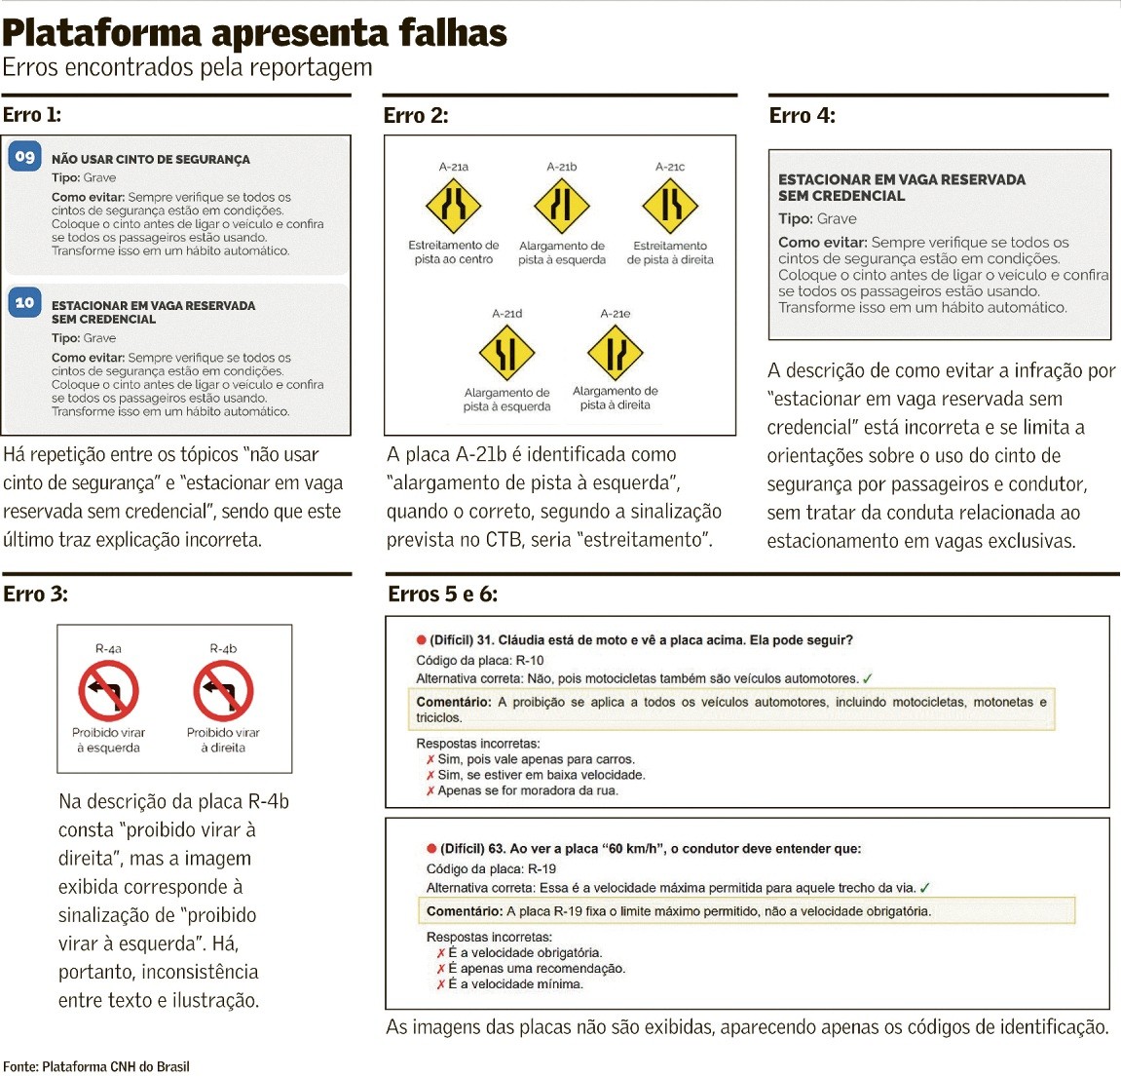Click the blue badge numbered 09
[x=24, y=156]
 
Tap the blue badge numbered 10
[x=24, y=303]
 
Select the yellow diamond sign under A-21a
[x=454, y=206]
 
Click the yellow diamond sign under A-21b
[x=562, y=206]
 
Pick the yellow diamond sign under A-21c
[x=670, y=206]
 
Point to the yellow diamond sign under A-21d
[x=506, y=353]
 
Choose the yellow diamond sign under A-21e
[x=616, y=353]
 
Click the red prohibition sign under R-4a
[x=108, y=690]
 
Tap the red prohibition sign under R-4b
[x=223, y=690]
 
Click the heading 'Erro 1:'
[x=32, y=115]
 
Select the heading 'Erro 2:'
[x=416, y=116]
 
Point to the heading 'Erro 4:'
[x=802, y=116]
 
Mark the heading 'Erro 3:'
[x=35, y=595]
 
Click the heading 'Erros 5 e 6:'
[x=442, y=595]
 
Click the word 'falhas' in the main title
[x=439, y=33]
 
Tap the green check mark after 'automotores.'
[x=868, y=678]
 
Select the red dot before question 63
[x=431, y=849]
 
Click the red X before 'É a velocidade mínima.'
[x=441, y=984]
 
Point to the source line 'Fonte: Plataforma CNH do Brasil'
[x=96, y=1066]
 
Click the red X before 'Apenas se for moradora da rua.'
[x=430, y=790]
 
